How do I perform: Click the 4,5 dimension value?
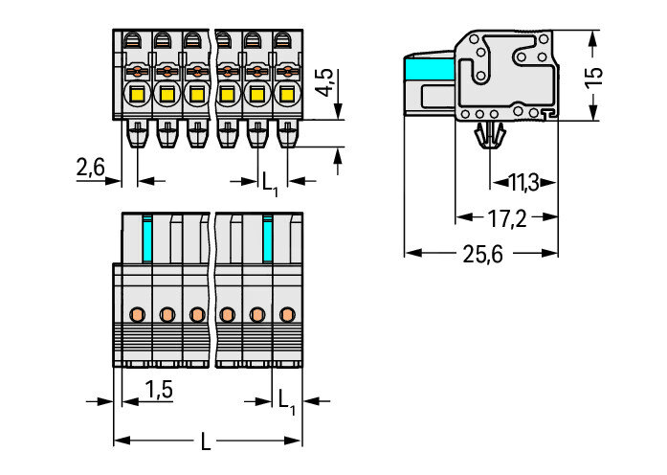[326, 84]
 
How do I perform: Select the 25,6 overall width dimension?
[481, 254]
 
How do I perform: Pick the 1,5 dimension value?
[158, 388]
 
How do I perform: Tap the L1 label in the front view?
[270, 180]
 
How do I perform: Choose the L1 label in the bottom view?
[285, 398]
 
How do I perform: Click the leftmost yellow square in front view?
[137, 95]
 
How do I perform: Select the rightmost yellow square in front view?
[286, 95]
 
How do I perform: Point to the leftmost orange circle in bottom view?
[137, 314]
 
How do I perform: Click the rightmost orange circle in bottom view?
[286, 314]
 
